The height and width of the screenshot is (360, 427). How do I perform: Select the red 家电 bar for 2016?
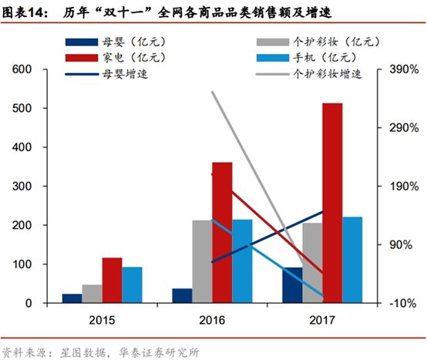click(x=222, y=232)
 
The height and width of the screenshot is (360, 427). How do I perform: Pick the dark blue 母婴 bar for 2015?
click(x=72, y=298)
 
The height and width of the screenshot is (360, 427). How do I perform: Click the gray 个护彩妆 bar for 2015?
click(x=92, y=294)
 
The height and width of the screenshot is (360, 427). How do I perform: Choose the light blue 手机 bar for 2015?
click(x=132, y=284)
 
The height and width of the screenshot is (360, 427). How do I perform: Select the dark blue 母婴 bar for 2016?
click(x=182, y=296)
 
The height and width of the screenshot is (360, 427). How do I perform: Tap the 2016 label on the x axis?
click(x=211, y=318)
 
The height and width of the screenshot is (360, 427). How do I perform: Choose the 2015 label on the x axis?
click(x=101, y=318)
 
